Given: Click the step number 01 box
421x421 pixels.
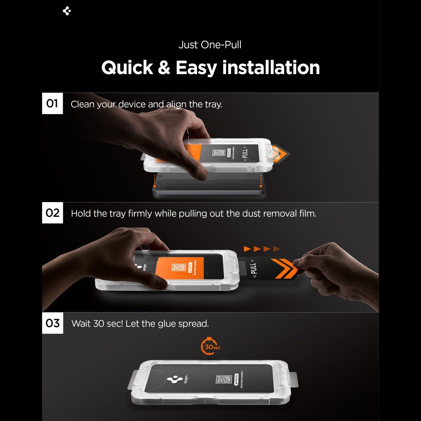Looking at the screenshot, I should pos(52,103).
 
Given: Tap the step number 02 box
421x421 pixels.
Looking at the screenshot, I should pos(52,213).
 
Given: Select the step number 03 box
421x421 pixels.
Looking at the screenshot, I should pos(53,323).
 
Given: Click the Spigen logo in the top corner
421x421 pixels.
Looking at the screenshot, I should pos(67,11).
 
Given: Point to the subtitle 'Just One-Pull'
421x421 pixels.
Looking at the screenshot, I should pos(210,45).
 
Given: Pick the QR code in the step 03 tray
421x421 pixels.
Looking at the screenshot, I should pos(223,380).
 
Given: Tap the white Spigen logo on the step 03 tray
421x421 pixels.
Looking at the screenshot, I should pos(174,379).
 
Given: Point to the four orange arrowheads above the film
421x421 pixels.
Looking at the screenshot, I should pos(261,249).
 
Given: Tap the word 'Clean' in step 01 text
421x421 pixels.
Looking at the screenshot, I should pos(83,104).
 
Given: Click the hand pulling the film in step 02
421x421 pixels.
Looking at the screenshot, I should pos(328,265).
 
